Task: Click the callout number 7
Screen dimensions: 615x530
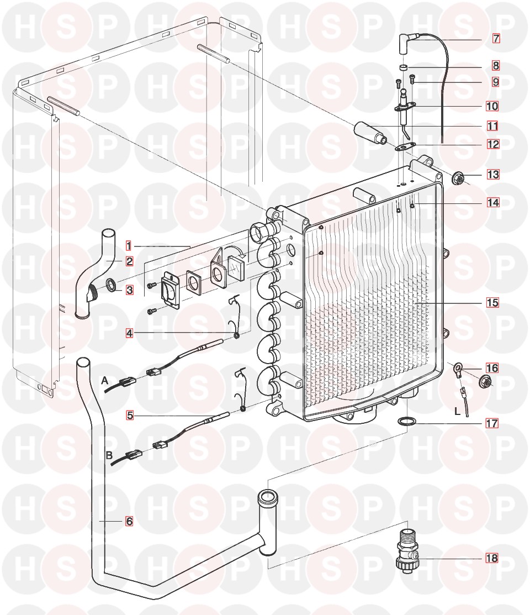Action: click(496, 39)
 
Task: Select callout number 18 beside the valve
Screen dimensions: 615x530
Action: click(491, 558)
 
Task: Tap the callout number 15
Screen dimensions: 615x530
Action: click(492, 303)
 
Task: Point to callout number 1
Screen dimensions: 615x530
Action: click(128, 245)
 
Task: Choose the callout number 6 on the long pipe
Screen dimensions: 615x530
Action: click(129, 521)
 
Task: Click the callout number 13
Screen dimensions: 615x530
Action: click(492, 175)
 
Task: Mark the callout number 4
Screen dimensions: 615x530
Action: click(129, 333)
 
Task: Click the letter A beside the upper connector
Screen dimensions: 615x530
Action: click(104, 380)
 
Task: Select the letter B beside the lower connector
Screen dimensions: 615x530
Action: click(109, 456)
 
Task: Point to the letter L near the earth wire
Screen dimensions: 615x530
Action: click(457, 411)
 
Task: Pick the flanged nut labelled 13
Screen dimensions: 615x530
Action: click(458, 178)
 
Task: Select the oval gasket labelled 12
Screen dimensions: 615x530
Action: click(405, 146)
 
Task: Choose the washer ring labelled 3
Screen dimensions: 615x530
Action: click(112, 285)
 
